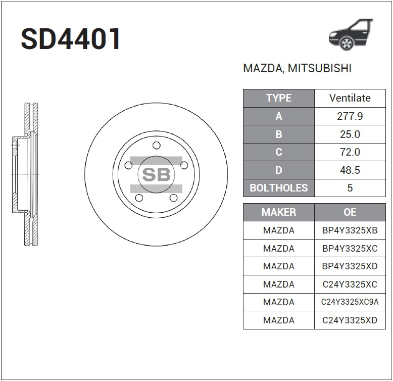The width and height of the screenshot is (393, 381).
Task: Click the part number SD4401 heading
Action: tap(71, 39)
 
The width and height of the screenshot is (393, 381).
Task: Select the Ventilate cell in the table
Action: tap(350, 98)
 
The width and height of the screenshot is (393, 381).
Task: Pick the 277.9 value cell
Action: tap(350, 116)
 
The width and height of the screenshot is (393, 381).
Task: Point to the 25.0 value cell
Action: tap(350, 134)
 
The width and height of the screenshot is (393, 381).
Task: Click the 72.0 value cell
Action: tap(350, 152)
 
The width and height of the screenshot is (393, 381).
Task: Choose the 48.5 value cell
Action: tap(350, 170)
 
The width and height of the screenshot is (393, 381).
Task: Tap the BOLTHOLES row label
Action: tap(278, 188)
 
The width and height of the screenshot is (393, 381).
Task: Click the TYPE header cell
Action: tap(278, 98)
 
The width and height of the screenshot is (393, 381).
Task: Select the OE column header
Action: tap(350, 212)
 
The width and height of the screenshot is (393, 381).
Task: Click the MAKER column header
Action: tap(278, 212)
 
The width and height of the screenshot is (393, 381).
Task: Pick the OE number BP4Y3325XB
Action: tap(350, 230)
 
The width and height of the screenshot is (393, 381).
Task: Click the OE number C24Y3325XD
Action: tap(350, 320)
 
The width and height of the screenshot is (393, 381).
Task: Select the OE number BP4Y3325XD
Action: tap(350, 266)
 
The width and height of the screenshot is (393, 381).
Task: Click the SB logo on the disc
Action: tap(156, 175)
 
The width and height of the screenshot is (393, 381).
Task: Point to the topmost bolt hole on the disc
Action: tap(156, 146)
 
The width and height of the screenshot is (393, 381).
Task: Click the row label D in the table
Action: tap(278, 170)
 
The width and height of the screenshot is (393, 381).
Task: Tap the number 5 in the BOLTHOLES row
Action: tap(350, 188)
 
